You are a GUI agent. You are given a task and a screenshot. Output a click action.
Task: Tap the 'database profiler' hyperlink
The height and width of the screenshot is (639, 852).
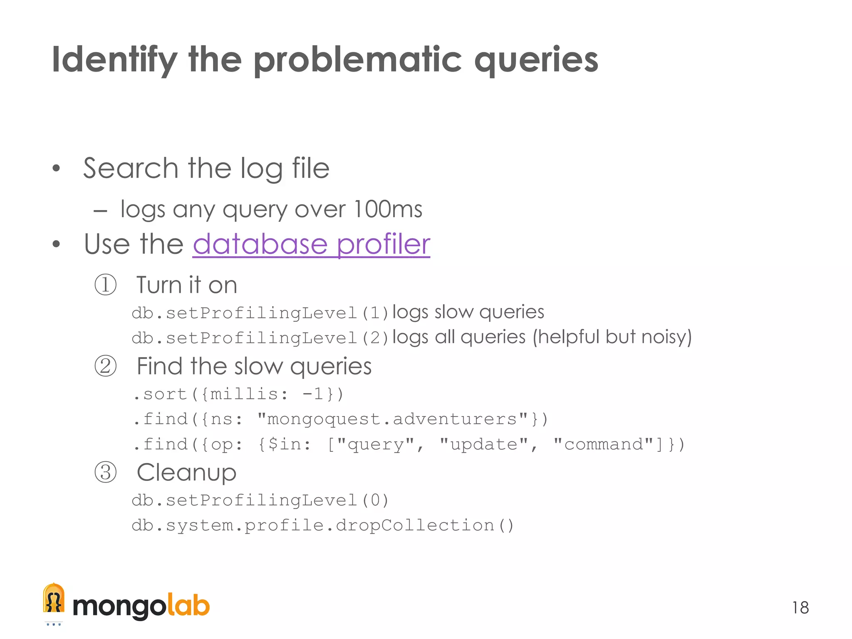[311, 244]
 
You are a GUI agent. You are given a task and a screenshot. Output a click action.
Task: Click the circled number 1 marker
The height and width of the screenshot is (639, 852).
[105, 285]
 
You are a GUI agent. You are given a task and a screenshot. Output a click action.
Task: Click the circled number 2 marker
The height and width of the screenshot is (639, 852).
[105, 367]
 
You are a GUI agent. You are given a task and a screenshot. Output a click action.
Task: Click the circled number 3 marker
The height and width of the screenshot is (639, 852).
[105, 473]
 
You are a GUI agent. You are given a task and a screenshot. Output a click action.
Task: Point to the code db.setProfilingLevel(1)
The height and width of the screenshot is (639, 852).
[260, 313]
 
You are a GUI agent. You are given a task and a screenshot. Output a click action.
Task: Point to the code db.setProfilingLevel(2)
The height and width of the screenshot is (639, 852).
[260, 338]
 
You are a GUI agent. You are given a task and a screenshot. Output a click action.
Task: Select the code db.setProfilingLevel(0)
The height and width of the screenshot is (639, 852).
[260, 500]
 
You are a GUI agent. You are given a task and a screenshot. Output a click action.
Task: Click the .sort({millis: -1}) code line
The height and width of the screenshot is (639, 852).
[238, 394]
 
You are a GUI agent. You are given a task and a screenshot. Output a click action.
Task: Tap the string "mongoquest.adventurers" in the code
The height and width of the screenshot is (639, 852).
[393, 419]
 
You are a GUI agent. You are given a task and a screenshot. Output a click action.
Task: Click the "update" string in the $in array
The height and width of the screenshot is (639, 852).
[484, 444]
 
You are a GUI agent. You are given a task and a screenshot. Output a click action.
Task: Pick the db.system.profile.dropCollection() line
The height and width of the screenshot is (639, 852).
[323, 525]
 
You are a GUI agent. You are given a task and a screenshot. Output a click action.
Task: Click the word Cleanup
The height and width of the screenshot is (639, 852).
[186, 473]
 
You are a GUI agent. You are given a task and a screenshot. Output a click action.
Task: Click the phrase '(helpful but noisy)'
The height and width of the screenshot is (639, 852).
[612, 337]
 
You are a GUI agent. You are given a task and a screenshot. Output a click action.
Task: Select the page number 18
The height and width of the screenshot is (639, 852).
[800, 608]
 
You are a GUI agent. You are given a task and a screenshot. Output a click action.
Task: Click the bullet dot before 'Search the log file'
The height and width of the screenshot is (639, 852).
[57, 169]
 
